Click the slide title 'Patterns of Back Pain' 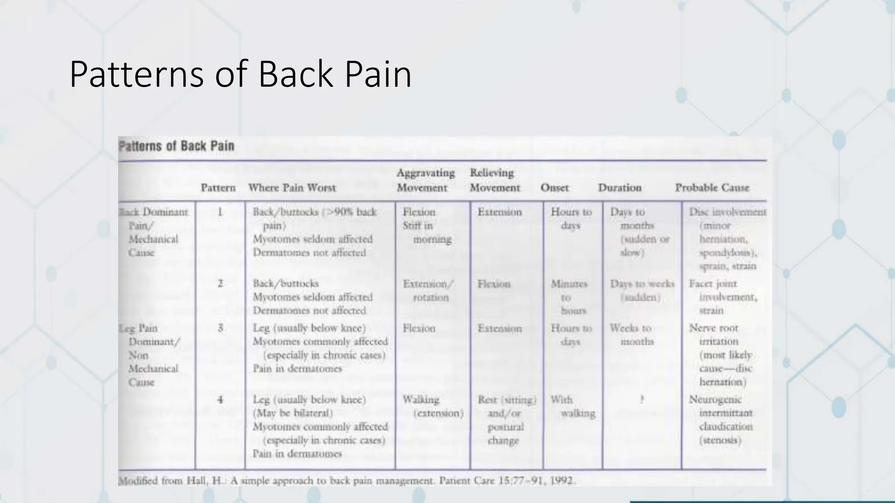tap(240, 75)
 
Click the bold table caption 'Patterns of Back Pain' tap(177, 146)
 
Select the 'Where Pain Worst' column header tap(292, 188)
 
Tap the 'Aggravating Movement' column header tap(425, 180)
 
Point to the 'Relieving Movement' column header tap(494, 180)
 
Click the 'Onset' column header tap(555, 188)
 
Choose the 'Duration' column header tap(620, 188)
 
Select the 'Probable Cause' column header tap(712, 188)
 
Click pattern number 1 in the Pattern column tap(220, 212)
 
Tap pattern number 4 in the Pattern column tap(220, 400)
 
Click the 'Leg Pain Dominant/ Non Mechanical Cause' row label tap(151, 355)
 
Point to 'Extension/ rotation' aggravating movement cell tap(428, 291)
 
